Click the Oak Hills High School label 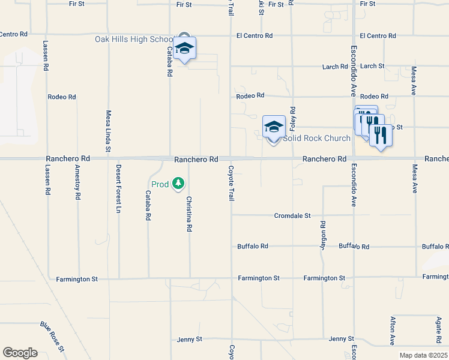134,39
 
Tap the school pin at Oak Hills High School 185,49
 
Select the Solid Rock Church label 316,138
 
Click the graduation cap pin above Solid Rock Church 274,127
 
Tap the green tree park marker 178,183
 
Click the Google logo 20,353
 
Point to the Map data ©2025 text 423,355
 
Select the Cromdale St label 292,215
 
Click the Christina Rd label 189,214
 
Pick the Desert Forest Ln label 119,188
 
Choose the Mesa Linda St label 109,130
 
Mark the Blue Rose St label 52,337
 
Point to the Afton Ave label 393,331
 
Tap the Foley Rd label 293,119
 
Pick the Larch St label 372,66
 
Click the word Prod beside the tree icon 160,184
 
